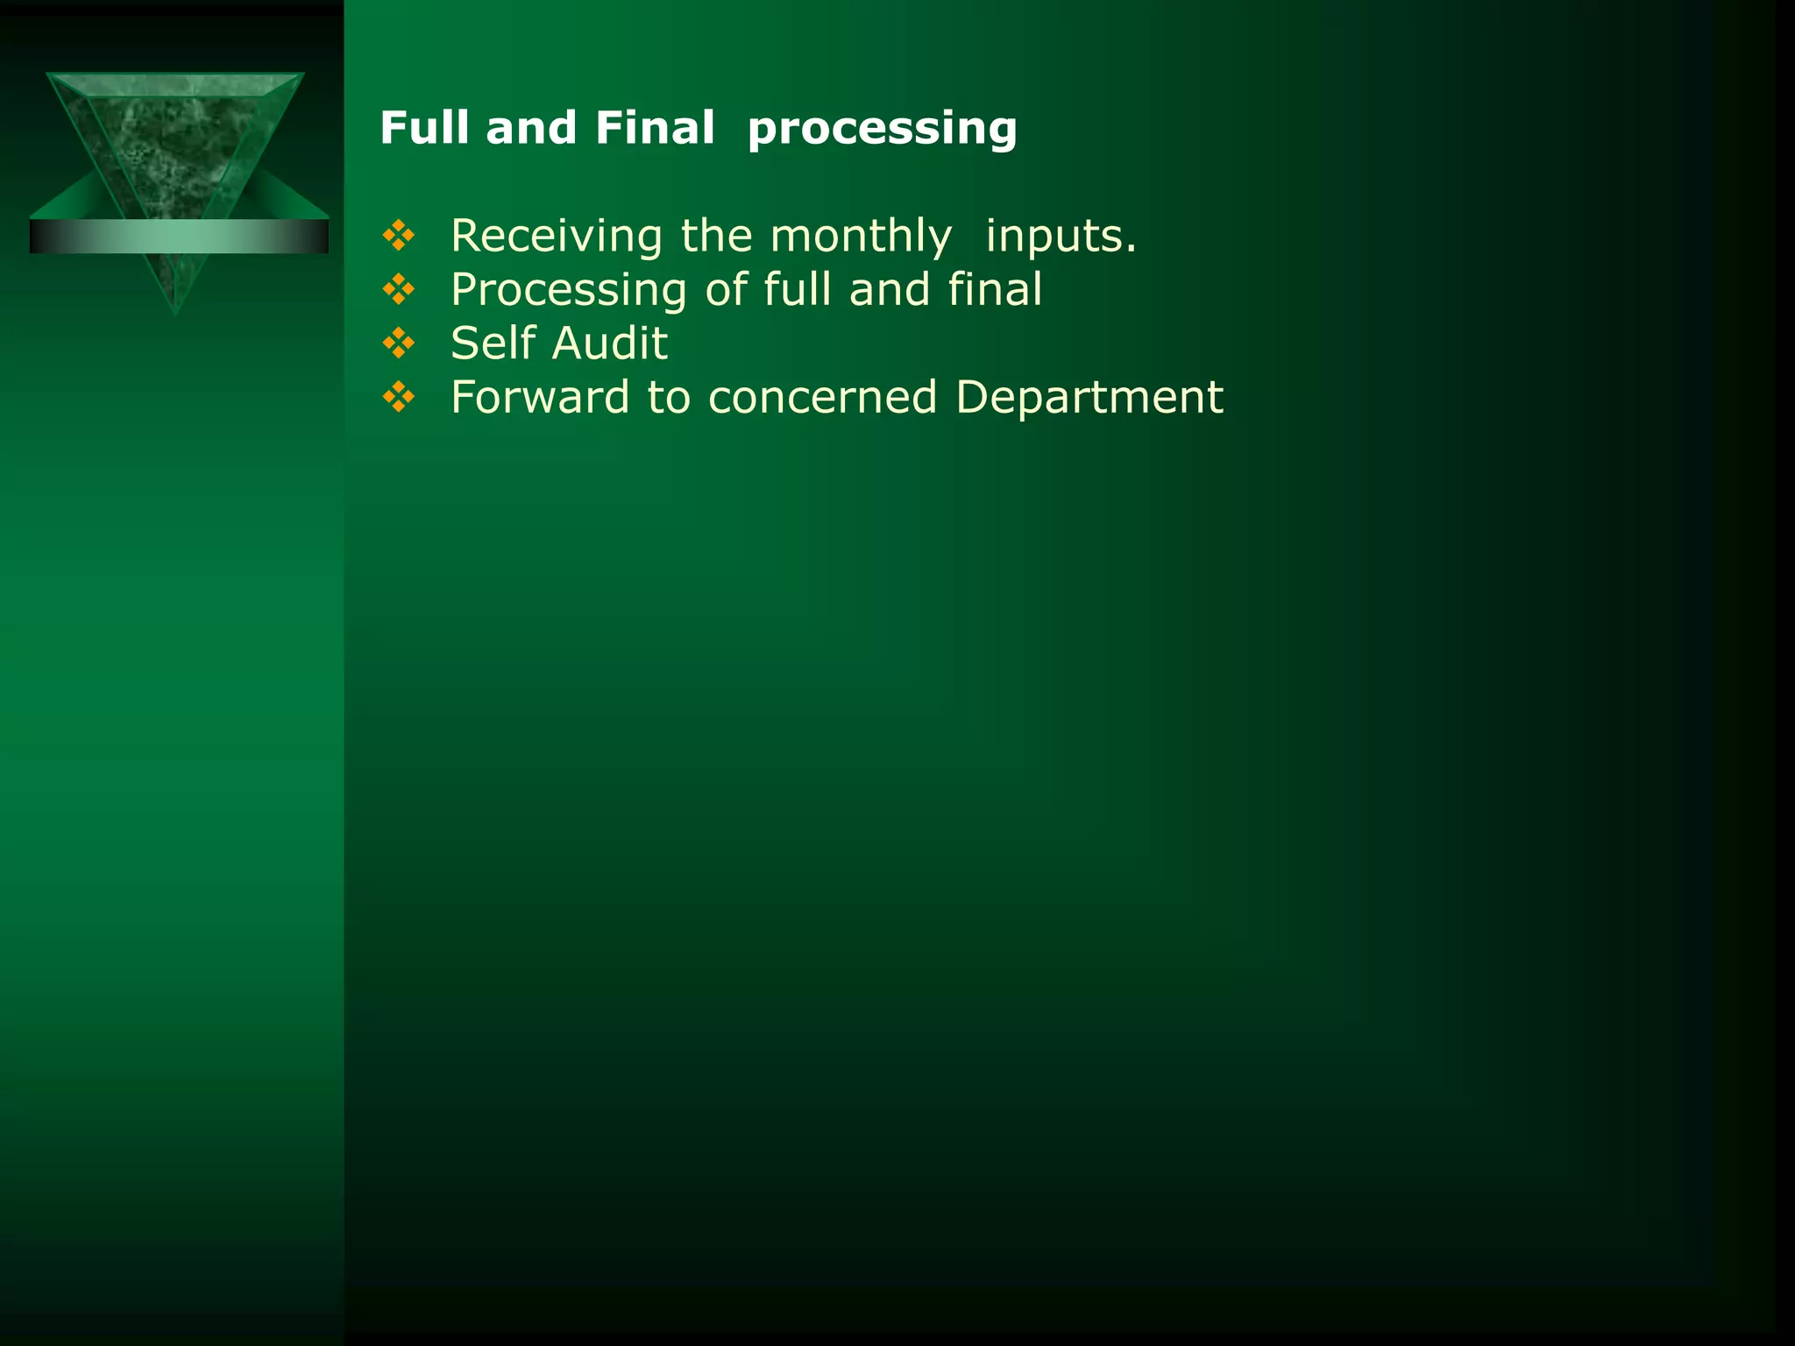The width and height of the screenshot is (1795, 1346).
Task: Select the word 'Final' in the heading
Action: click(655, 128)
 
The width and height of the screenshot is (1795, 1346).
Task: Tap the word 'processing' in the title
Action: click(882, 130)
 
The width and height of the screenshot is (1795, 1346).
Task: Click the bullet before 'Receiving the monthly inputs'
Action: click(399, 236)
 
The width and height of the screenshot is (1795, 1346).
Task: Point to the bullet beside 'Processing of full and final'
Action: click(399, 289)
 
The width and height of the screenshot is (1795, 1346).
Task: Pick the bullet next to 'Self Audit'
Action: click(399, 343)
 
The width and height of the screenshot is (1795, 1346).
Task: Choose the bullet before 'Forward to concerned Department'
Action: click(399, 397)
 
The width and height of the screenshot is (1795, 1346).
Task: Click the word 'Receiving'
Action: click(557, 237)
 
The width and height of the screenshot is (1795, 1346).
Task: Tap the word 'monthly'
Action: click(861, 237)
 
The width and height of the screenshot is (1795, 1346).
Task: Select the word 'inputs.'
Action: click(1061, 237)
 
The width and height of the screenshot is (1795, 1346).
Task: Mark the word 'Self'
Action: click(493, 343)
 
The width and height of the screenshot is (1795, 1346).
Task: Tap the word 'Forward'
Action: click(540, 397)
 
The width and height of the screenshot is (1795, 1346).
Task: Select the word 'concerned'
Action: click(823, 397)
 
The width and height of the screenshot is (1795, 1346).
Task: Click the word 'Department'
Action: click(1089, 398)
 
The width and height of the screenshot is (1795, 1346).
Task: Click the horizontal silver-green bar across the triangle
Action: click(179, 237)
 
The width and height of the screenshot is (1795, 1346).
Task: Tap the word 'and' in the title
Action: click(531, 128)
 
